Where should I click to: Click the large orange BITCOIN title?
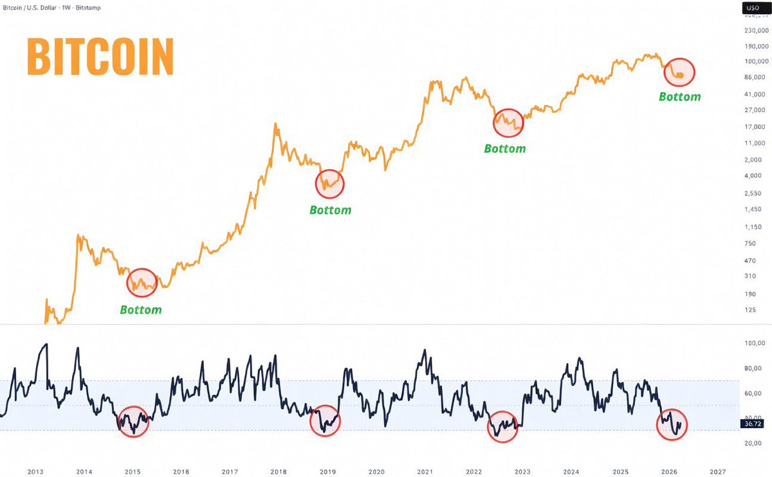coord(100,57)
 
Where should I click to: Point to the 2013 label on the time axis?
coord(35,471)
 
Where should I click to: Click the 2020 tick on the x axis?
coord(376,471)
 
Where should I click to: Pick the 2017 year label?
coord(230,471)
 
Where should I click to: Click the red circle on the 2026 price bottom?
coord(680,71)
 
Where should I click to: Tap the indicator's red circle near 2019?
coord(325,420)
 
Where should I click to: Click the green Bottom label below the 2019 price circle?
coord(330,210)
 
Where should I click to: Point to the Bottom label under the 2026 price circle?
coord(679,97)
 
